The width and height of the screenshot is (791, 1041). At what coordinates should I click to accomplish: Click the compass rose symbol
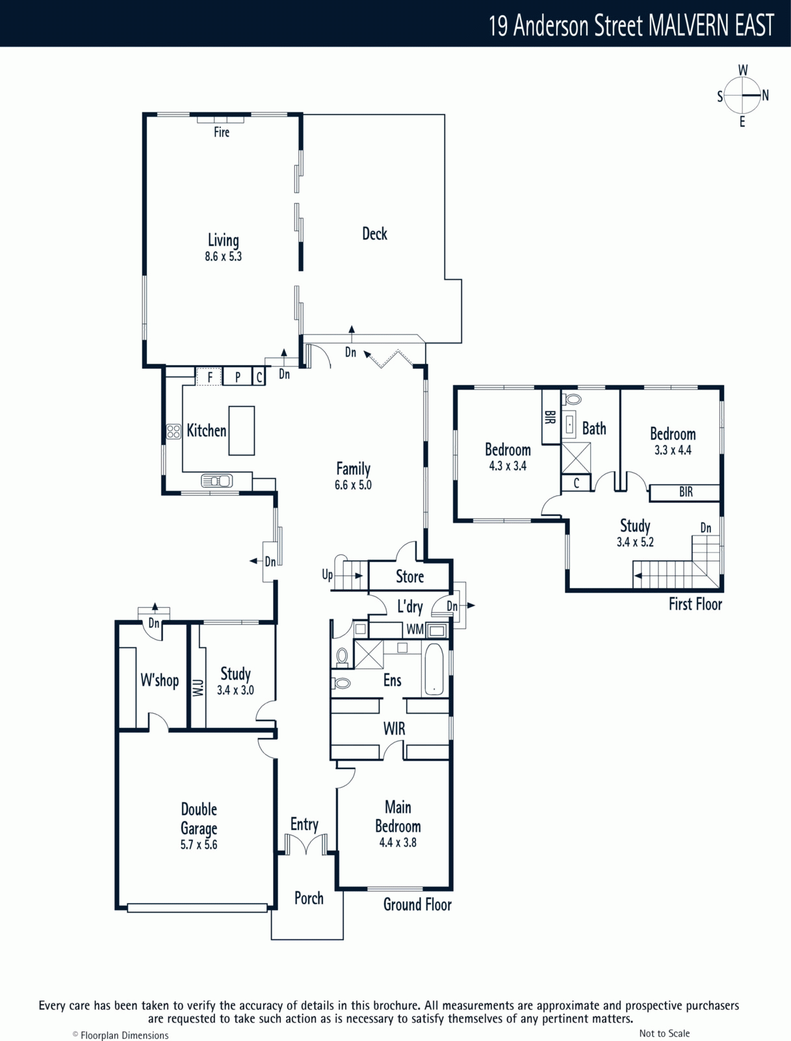[x=743, y=96]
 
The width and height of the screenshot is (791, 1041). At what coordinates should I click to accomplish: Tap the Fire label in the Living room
[x=222, y=132]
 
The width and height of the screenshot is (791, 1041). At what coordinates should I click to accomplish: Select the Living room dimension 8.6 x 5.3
[x=223, y=256]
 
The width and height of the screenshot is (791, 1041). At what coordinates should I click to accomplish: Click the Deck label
[x=374, y=234]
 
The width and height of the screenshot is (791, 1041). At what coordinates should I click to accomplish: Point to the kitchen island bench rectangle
[x=242, y=431]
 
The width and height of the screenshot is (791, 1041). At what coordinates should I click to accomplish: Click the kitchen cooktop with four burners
[x=174, y=431]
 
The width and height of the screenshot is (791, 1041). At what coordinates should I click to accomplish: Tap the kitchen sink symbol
[x=217, y=481]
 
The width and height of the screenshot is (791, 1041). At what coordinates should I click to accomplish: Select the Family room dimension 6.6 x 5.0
[x=353, y=485]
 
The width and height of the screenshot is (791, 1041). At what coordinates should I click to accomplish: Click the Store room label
[x=409, y=576]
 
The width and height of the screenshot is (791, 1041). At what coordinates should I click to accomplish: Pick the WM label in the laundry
[x=415, y=629]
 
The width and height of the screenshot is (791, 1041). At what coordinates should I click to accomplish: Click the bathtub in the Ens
[x=434, y=669]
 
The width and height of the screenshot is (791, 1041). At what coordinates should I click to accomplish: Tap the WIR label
[x=394, y=729]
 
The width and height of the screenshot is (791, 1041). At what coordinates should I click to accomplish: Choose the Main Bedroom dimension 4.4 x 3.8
[x=398, y=843]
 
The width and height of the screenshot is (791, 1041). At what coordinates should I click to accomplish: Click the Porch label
[x=309, y=898]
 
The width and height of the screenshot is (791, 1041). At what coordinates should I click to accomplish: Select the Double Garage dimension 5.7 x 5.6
[x=199, y=844]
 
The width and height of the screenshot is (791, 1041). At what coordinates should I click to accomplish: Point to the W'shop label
[x=160, y=680]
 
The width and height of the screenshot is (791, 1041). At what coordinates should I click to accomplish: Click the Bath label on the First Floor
[x=594, y=428]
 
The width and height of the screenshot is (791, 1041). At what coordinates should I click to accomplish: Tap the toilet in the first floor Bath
[x=572, y=399]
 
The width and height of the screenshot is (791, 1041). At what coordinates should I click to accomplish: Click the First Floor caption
[x=695, y=604]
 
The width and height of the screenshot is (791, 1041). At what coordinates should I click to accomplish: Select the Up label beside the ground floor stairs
[x=328, y=575]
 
